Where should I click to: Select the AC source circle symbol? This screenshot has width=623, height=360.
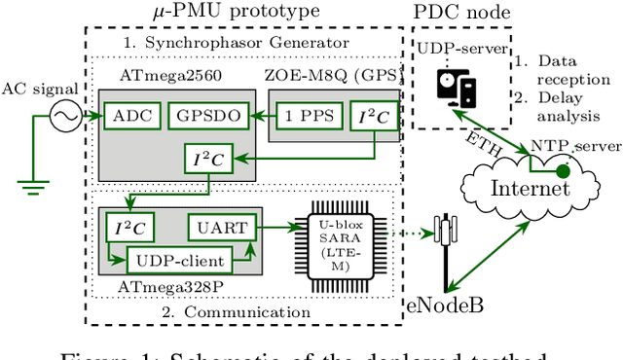point(67,117)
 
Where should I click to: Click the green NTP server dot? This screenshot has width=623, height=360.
point(562,168)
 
